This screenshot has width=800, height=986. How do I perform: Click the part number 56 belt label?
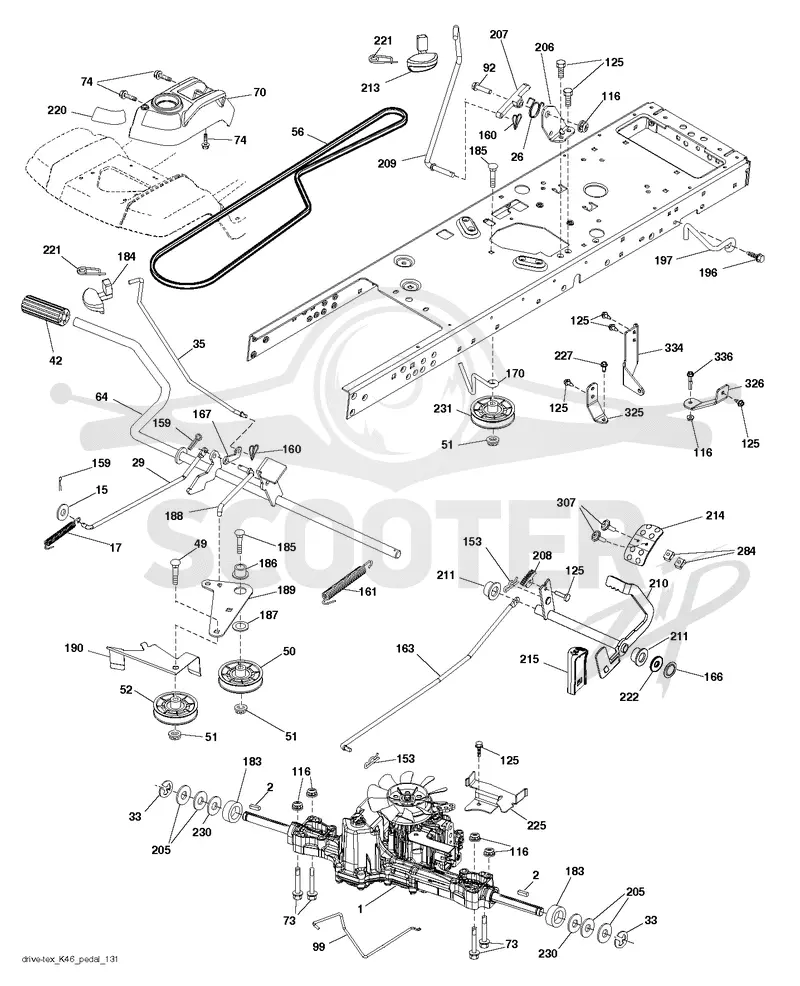pos(298,132)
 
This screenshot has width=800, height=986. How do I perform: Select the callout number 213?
pos(370,87)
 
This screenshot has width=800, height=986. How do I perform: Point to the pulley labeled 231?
pos(492,413)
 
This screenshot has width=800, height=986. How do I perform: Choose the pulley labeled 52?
pos(174,707)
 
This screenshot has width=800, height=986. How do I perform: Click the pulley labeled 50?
pos(240,676)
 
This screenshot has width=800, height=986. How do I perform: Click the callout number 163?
pos(406,648)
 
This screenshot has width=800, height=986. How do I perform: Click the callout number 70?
pos(259,92)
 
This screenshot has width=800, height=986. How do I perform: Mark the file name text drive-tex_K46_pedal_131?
pos(69,977)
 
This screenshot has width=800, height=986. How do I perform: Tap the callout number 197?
pos(664,260)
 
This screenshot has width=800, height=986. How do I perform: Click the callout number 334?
pos(674,348)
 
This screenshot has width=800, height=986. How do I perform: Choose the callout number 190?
pos(74,648)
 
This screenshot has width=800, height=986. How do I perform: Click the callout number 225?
pos(536,825)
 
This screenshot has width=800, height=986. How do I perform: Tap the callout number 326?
pos(755,384)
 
